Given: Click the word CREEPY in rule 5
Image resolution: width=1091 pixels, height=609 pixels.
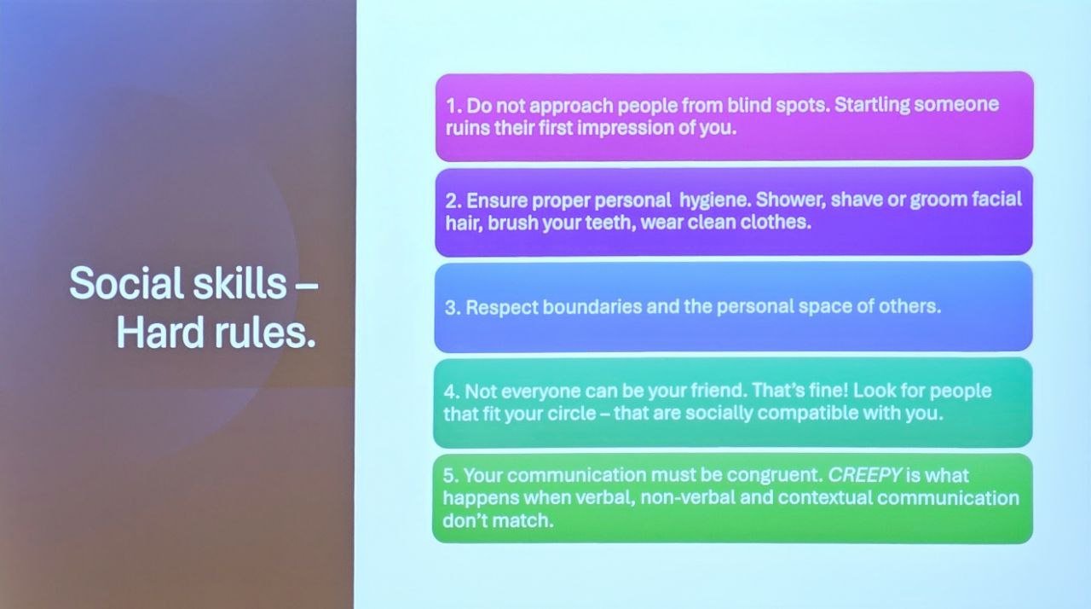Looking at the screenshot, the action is pyautogui.click(x=864, y=474).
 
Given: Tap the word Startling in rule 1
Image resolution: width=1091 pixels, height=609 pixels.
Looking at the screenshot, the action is pyautogui.click(x=872, y=105).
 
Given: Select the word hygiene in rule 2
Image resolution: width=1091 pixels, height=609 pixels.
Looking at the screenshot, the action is pyautogui.click(x=714, y=200).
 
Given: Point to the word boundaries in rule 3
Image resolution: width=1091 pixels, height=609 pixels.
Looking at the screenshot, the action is pyautogui.click(x=592, y=307).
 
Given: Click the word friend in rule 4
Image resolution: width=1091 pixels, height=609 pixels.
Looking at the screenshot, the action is pyautogui.click(x=718, y=391).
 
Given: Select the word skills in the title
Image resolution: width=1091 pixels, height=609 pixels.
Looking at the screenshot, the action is pyautogui.click(x=240, y=282).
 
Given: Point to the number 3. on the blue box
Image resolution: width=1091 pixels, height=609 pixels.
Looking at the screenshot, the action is pyautogui.click(x=453, y=308).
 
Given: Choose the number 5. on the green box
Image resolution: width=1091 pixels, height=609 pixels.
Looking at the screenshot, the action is pyautogui.click(x=451, y=475).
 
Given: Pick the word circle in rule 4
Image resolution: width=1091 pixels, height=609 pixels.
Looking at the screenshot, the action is pyautogui.click(x=572, y=414).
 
